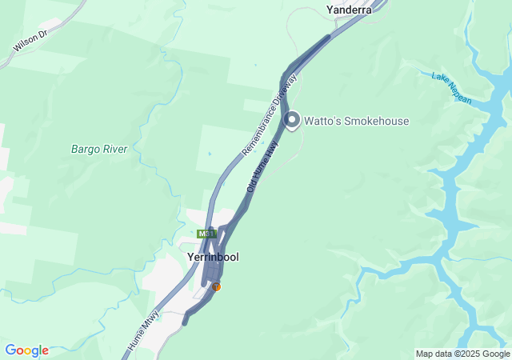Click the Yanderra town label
click(349, 10)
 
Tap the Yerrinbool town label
click(212, 258)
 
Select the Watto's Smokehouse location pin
click(292, 120)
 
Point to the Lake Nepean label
click(452, 88)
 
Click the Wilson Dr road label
click(30, 42)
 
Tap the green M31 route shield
click(206, 234)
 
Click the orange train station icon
click(216, 286)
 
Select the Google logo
click(26, 350)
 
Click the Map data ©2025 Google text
click(462, 354)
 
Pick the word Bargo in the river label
click(84, 149)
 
